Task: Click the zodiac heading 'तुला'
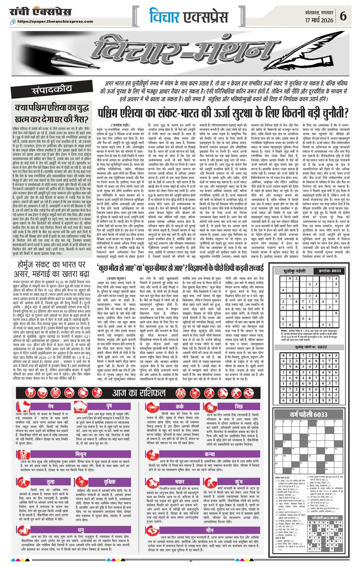click(x=50, y=482)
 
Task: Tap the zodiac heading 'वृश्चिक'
click(x=109, y=482)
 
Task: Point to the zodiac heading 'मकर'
click(x=179, y=482)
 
